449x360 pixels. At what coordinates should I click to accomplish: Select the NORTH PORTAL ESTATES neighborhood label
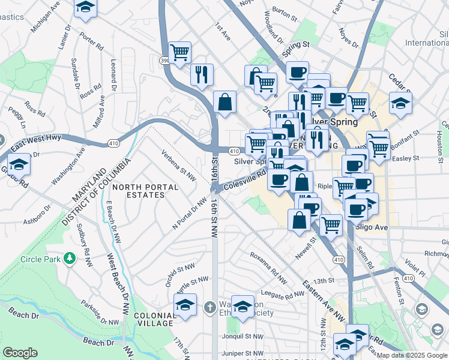145,191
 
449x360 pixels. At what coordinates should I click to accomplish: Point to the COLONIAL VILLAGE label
154,319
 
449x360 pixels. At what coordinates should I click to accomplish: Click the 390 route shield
164,60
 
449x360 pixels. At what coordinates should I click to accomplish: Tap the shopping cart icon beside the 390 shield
180,52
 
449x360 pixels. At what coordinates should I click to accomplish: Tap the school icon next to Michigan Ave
86,7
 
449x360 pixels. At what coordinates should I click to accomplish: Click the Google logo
20,353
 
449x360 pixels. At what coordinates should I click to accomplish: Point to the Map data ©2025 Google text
411,355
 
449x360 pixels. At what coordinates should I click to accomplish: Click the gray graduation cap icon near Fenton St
422,309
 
